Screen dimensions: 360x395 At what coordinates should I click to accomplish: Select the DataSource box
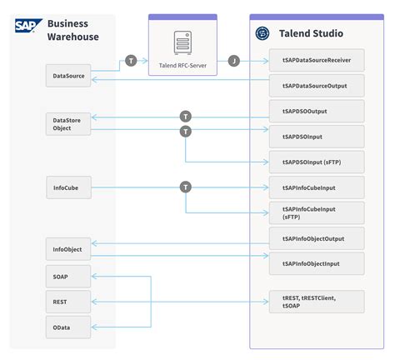coord(67,76)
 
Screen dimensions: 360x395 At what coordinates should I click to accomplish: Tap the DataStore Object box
coord(67,124)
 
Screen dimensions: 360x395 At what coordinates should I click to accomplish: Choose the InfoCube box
coord(67,187)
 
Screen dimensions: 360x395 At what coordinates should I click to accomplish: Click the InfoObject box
coord(67,248)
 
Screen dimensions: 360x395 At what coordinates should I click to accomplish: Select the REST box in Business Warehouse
coord(67,301)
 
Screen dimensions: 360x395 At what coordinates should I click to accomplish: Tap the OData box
coord(67,327)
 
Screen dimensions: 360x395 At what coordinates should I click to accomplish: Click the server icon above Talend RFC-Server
coord(182,41)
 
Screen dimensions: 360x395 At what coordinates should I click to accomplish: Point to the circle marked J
coord(234,61)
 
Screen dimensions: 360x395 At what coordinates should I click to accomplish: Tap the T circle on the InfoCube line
coord(185,187)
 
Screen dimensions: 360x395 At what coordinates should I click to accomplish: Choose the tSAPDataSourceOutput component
coord(317,85)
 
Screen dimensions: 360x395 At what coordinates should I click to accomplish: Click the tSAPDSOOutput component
coord(317,112)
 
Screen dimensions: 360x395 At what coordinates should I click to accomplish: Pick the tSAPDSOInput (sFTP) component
coord(317,162)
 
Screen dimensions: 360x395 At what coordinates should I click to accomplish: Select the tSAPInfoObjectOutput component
coord(317,238)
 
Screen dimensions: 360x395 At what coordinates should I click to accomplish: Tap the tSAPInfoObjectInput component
coord(317,263)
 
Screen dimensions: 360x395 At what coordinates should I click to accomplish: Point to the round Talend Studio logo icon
coord(262,34)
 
